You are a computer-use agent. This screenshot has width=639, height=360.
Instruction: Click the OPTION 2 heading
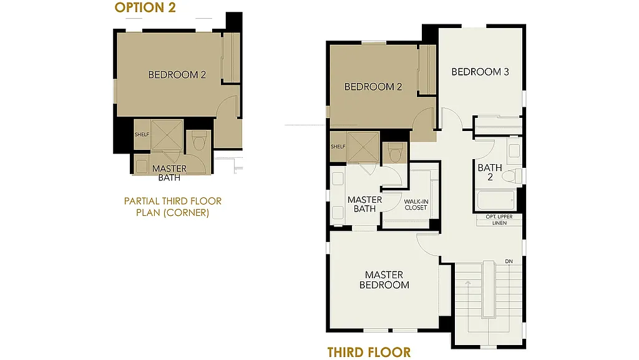click(145, 8)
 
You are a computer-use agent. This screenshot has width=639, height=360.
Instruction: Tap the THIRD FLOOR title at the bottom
click(369, 352)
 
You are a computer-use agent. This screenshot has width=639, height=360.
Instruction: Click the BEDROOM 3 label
click(480, 72)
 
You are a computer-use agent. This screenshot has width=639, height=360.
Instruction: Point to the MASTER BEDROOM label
click(384, 280)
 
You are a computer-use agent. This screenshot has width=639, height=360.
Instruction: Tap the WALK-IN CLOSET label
click(416, 205)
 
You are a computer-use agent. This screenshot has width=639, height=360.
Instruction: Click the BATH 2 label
click(489, 172)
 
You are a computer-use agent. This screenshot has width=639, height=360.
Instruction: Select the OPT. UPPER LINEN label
click(499, 220)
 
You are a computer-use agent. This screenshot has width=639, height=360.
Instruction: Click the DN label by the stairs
click(509, 261)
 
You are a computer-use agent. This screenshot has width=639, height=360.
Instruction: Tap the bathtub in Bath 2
click(496, 202)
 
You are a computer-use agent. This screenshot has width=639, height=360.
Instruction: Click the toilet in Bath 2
click(511, 175)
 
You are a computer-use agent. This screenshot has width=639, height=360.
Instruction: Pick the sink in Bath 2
click(513, 150)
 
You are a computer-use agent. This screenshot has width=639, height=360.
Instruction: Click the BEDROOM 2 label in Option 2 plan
click(177, 75)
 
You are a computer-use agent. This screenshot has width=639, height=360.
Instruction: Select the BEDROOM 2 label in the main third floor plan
click(373, 87)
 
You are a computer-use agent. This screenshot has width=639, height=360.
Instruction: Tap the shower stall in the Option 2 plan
click(167, 135)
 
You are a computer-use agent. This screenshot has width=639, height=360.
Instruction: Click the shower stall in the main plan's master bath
click(363, 147)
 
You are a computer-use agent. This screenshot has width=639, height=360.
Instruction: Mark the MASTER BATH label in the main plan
click(364, 204)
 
